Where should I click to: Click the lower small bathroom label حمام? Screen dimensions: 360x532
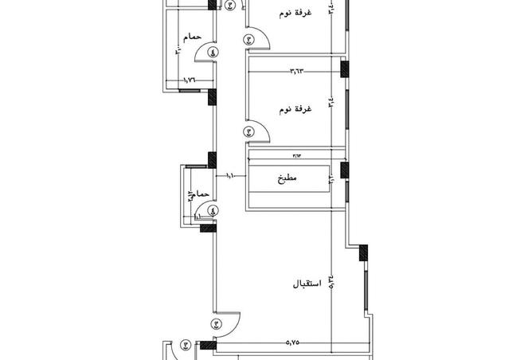coord(201,194)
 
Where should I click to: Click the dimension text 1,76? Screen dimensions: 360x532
coord(190,80)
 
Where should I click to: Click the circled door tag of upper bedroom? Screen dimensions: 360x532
coord(248,38)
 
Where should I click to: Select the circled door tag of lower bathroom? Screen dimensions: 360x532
coord(212,211)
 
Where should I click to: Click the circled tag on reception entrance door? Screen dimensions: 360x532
coord(217,324)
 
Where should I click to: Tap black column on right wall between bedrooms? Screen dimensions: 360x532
coord(345,68)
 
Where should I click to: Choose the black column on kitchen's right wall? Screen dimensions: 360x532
coord(344,170)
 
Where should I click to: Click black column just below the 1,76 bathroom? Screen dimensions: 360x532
coord(212,97)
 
